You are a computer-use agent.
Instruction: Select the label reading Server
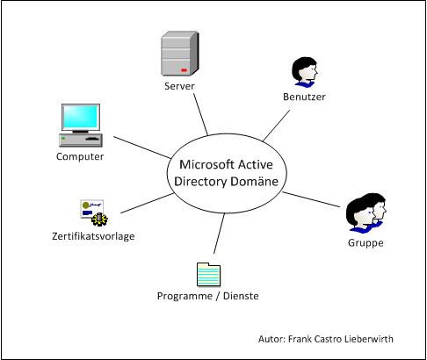(x=179, y=87)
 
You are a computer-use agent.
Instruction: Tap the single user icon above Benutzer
(x=304, y=72)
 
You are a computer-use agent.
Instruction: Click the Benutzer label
(x=304, y=97)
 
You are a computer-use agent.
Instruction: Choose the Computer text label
(x=80, y=156)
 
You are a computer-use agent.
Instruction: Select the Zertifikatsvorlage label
(x=92, y=235)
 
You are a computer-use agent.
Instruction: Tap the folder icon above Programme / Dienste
(x=208, y=274)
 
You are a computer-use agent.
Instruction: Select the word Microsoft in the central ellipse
(x=207, y=164)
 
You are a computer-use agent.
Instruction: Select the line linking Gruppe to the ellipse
(x=312, y=198)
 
